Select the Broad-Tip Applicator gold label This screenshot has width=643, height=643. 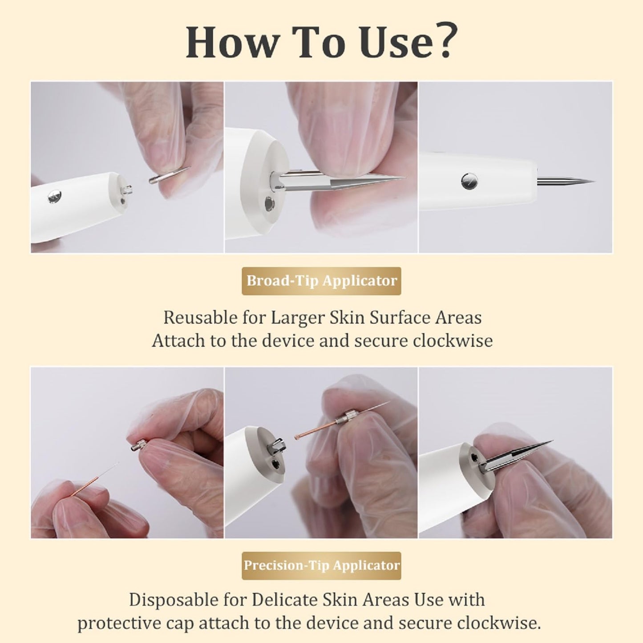tap(321, 281)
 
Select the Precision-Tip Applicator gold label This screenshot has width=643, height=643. tap(321, 566)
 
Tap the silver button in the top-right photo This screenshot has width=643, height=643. tap(469, 181)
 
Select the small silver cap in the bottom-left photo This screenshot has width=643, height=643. tap(137, 445)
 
